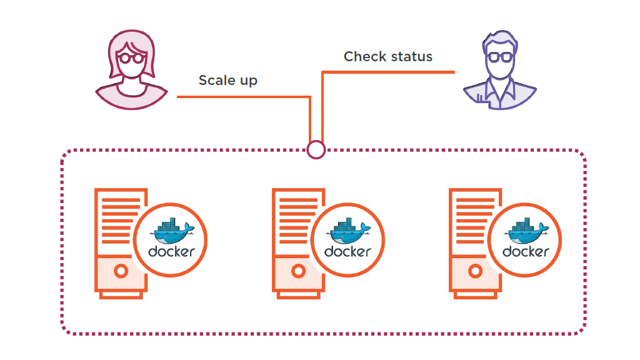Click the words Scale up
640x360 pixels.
[227, 81]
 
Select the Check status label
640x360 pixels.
[387, 57]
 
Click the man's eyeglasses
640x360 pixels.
[499, 57]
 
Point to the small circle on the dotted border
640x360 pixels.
[316, 150]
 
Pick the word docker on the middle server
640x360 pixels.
[348, 252]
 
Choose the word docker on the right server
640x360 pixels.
[526, 252]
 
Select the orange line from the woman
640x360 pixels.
[244, 97]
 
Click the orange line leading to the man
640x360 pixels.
[387, 72]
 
